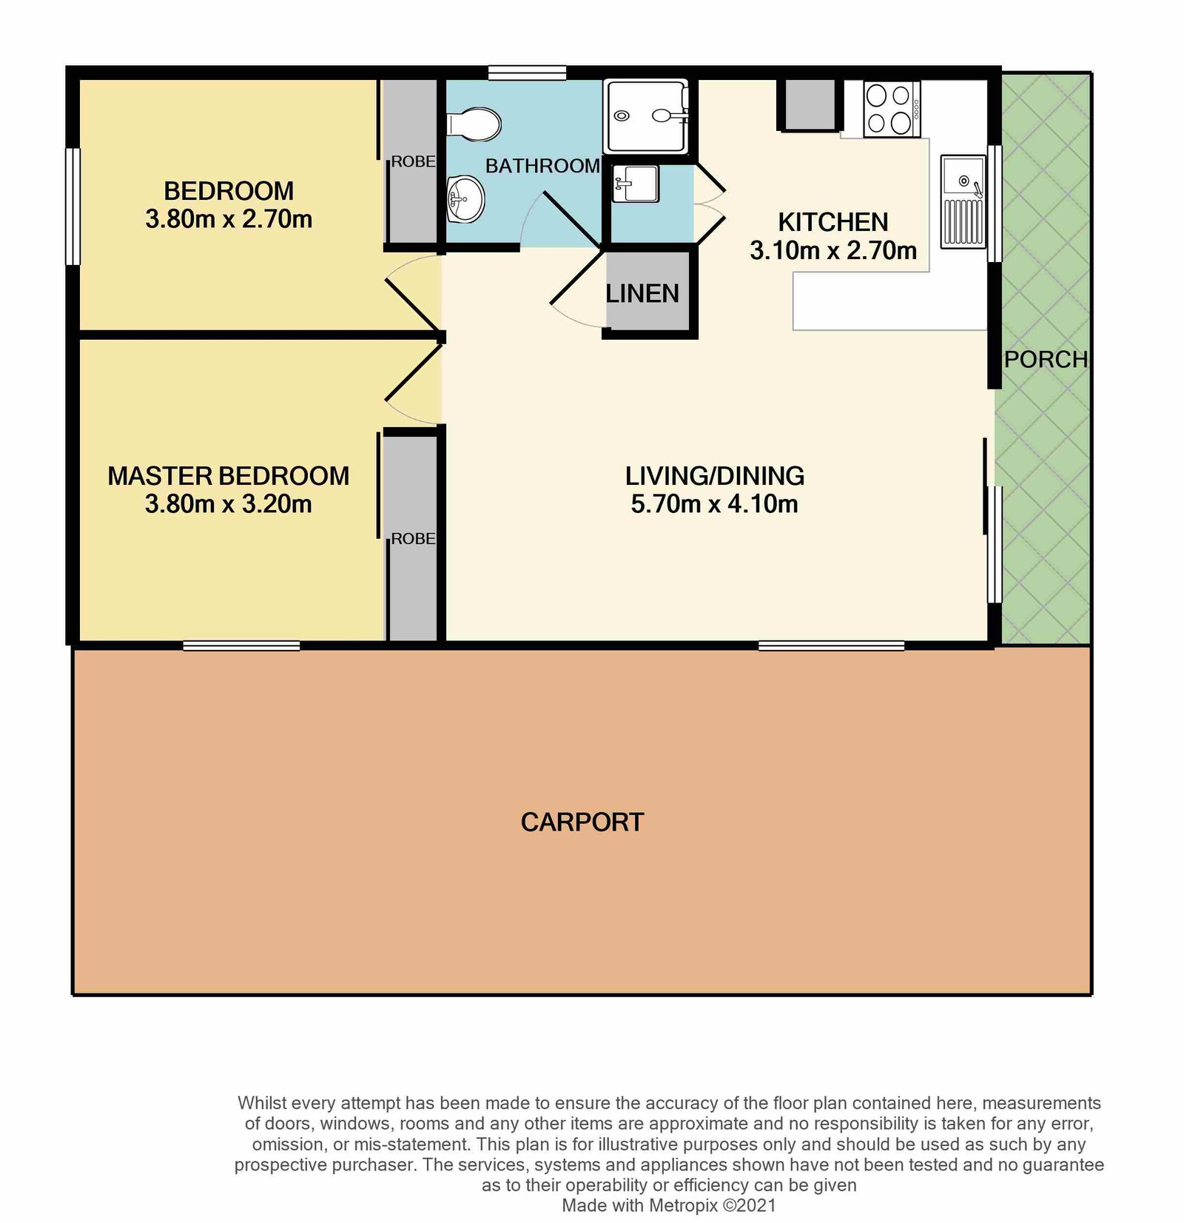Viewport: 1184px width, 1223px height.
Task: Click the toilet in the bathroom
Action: tap(474, 124)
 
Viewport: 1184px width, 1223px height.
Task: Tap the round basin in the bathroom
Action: tap(465, 198)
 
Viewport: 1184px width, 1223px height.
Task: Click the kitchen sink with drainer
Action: tap(963, 201)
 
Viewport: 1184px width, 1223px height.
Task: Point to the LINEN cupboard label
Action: tap(642, 294)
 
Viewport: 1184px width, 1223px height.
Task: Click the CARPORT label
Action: tap(582, 822)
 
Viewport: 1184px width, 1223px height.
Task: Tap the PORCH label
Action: tap(1045, 360)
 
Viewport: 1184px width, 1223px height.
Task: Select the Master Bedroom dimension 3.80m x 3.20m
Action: tap(228, 504)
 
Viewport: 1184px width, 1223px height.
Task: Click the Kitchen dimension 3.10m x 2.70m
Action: tap(832, 251)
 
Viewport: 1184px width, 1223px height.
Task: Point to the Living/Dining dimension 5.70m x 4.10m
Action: tap(714, 504)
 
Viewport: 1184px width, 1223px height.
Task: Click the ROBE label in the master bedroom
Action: tap(413, 539)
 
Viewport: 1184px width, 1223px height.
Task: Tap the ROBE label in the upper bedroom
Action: tap(413, 161)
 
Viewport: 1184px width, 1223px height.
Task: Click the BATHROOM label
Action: tap(542, 166)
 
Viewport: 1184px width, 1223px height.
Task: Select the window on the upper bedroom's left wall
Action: tap(73, 206)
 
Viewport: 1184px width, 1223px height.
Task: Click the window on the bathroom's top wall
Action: tap(527, 73)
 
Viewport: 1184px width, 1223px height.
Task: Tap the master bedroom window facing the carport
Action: tap(241, 646)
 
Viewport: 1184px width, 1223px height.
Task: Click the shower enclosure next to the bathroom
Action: tap(645, 115)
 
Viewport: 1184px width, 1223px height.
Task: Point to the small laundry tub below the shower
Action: tap(636, 183)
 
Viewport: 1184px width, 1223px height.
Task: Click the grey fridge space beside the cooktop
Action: tap(809, 104)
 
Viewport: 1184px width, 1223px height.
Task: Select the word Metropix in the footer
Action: tap(682, 1205)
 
